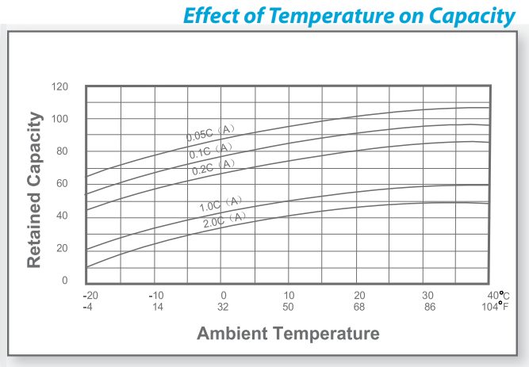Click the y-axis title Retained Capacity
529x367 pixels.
34,189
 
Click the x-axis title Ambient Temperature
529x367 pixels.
288,332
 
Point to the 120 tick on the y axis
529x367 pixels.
59,86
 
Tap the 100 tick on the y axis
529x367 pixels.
59,119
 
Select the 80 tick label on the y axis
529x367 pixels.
62,151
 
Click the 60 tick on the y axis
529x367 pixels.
62,183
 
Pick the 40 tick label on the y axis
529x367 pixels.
62,216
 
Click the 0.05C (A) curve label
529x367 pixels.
211,132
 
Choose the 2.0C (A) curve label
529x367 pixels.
225,220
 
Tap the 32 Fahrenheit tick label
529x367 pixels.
224,306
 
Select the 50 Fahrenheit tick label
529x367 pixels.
290,306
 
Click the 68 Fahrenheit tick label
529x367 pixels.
359,306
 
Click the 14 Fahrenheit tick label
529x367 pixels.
157,306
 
